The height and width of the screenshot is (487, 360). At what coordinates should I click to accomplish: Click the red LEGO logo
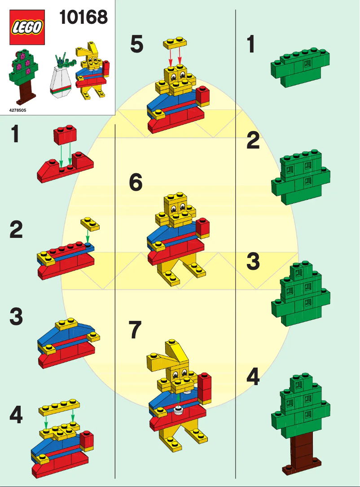pyautogui.click(x=27, y=27)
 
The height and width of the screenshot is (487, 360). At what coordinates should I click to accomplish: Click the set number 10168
pyautogui.click(x=83, y=17)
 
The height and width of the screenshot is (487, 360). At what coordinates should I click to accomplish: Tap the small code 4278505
pyautogui.click(x=18, y=110)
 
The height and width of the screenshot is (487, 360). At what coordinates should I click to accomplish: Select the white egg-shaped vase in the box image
pyautogui.click(x=62, y=82)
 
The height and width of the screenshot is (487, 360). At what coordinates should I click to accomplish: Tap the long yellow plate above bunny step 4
pyautogui.click(x=59, y=407)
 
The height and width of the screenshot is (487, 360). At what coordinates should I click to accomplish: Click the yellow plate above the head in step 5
pyautogui.click(x=175, y=43)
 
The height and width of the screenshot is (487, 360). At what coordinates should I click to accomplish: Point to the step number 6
pyautogui.click(x=136, y=182)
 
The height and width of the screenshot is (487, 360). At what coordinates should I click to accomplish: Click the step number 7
pyautogui.click(x=135, y=330)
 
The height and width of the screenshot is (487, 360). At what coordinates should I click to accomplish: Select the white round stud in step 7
pyautogui.click(x=178, y=410)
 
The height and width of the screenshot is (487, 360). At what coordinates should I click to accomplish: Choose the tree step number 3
pyautogui.click(x=253, y=261)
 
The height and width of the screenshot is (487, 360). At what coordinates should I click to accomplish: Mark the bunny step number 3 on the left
pyautogui.click(x=16, y=316)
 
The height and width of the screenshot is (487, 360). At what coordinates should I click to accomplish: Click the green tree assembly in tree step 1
pyautogui.click(x=300, y=67)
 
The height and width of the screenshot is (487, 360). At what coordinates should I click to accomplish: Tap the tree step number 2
pyautogui.click(x=253, y=140)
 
